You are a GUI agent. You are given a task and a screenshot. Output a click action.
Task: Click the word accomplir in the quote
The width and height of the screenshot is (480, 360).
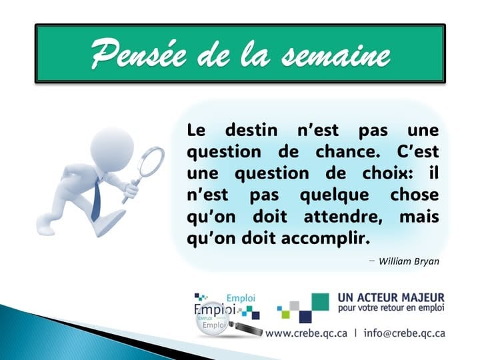[329, 239]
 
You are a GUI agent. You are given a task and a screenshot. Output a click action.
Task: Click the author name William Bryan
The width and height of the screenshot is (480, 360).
[408, 261]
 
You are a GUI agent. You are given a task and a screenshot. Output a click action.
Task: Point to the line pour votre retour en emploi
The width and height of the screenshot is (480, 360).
[391, 309]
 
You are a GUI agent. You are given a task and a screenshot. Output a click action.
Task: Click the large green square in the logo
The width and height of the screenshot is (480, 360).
[319, 302]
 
